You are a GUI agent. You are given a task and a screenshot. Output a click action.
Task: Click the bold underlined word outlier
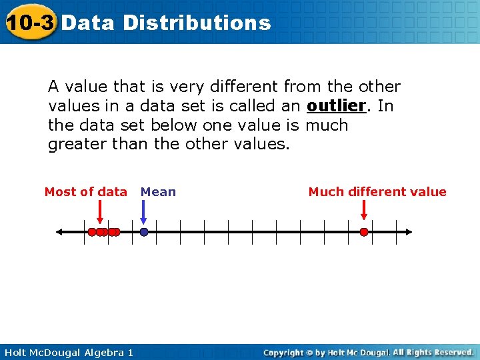coord(337,106)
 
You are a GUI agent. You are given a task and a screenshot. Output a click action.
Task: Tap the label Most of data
coord(85,192)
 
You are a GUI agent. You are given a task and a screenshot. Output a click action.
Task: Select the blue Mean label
coord(158,192)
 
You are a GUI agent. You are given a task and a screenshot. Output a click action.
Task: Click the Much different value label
coord(377,192)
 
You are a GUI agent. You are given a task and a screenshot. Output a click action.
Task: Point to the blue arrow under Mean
coord(144,213)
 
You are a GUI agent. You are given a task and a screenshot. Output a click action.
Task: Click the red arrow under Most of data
coord(100,213)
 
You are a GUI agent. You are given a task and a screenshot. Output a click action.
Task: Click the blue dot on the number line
coord(144,232)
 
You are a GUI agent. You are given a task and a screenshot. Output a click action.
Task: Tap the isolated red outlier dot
coord(364,232)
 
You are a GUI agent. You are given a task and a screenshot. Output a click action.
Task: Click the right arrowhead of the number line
coord(408,232)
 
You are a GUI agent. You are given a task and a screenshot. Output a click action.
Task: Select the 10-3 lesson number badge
coord(29,23)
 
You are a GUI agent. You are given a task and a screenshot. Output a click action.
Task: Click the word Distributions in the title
coord(197,23)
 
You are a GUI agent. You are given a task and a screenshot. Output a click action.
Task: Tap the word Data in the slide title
coord(89,23)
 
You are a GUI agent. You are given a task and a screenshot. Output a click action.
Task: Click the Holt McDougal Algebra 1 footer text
coord(67,352)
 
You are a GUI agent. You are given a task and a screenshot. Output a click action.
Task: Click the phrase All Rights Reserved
coord(433,352)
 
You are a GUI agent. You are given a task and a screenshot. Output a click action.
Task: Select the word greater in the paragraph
coord(74,145)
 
